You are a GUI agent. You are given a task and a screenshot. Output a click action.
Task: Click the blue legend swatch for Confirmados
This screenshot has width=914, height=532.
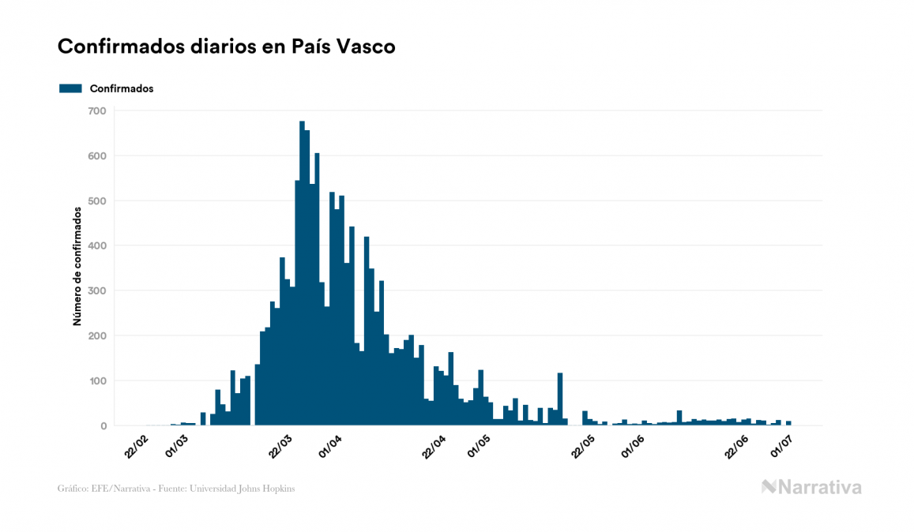[x=71, y=88]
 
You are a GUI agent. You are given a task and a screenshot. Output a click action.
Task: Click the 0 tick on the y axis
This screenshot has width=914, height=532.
[x=103, y=426]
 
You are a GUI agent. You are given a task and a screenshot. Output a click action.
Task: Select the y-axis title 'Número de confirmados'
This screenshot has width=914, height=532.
[x=77, y=267]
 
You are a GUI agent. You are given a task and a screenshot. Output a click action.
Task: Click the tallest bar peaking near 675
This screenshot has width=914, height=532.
[x=302, y=276]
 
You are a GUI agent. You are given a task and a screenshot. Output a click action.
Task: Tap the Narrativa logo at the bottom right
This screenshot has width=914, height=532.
[x=811, y=487]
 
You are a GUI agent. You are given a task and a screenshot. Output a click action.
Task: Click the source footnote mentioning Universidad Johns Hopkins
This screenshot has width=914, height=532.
[x=177, y=489]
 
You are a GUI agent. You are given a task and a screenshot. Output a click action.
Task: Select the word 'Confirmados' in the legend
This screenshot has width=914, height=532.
[x=122, y=88]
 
